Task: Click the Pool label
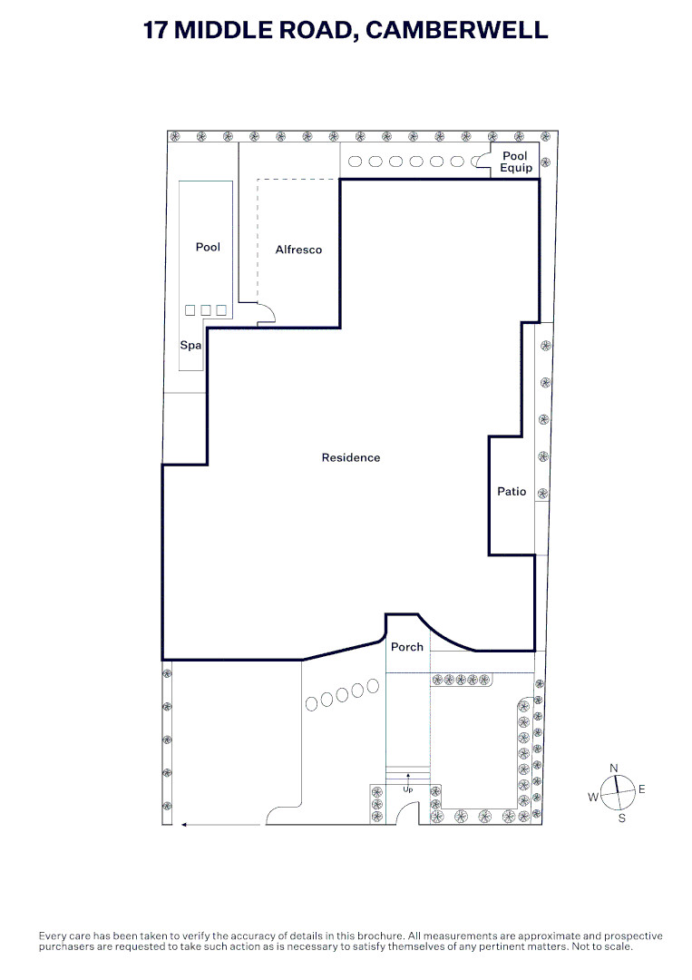[x=208, y=247]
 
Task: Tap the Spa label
[x=190, y=345]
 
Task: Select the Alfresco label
[x=298, y=250]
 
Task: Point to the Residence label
[x=350, y=457]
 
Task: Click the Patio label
[x=512, y=491]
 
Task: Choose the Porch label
[x=406, y=647]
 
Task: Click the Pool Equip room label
[x=516, y=162]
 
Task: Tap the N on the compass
[x=614, y=768]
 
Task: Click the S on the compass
[x=621, y=818]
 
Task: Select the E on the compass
[x=641, y=789]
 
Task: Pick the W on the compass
[x=593, y=797]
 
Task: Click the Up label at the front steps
[x=408, y=789]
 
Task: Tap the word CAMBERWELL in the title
[x=456, y=30]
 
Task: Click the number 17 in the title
[x=155, y=30]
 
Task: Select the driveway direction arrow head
[x=184, y=825]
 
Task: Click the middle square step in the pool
[x=206, y=310]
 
